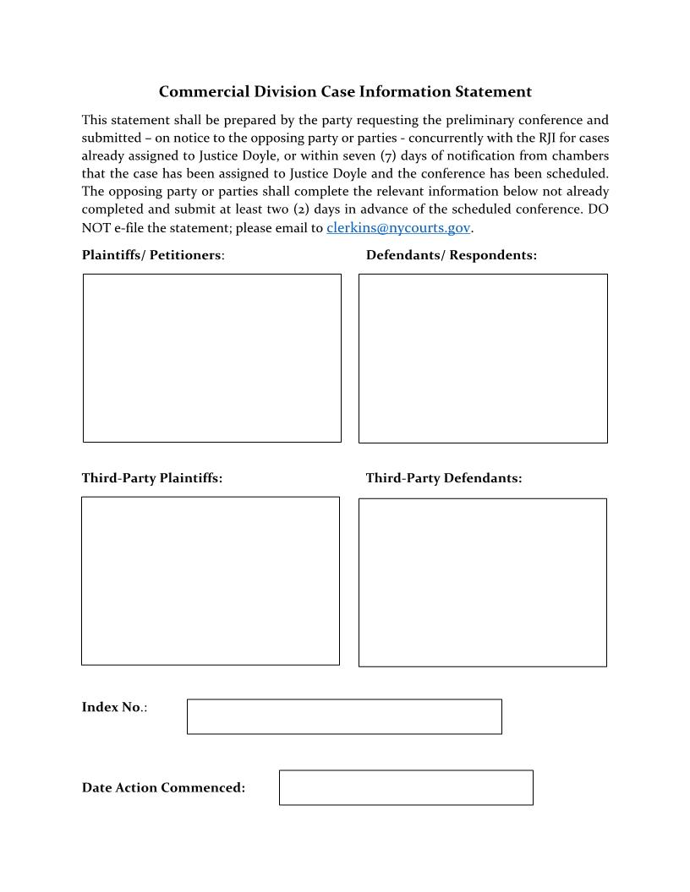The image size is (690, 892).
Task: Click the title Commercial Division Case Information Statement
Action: (x=345, y=92)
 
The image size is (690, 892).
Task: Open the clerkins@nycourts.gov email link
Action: (x=397, y=228)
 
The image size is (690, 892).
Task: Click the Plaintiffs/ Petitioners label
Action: (x=152, y=255)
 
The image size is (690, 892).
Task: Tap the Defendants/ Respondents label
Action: (x=451, y=255)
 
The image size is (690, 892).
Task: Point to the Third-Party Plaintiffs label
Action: (x=152, y=478)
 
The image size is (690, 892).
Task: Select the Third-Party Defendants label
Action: (x=443, y=478)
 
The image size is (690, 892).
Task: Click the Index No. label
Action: (x=113, y=707)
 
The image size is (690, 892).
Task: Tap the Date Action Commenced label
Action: (x=163, y=787)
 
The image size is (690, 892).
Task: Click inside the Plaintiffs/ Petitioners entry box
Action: (x=211, y=357)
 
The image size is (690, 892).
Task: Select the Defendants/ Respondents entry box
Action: (x=483, y=358)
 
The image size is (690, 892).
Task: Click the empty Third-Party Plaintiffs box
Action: (x=210, y=580)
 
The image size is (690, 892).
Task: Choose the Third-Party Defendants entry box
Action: (x=482, y=582)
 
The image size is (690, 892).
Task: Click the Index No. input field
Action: (x=343, y=716)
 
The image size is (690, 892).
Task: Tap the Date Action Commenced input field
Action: (x=406, y=787)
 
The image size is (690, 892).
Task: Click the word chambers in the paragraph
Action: (x=580, y=155)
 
